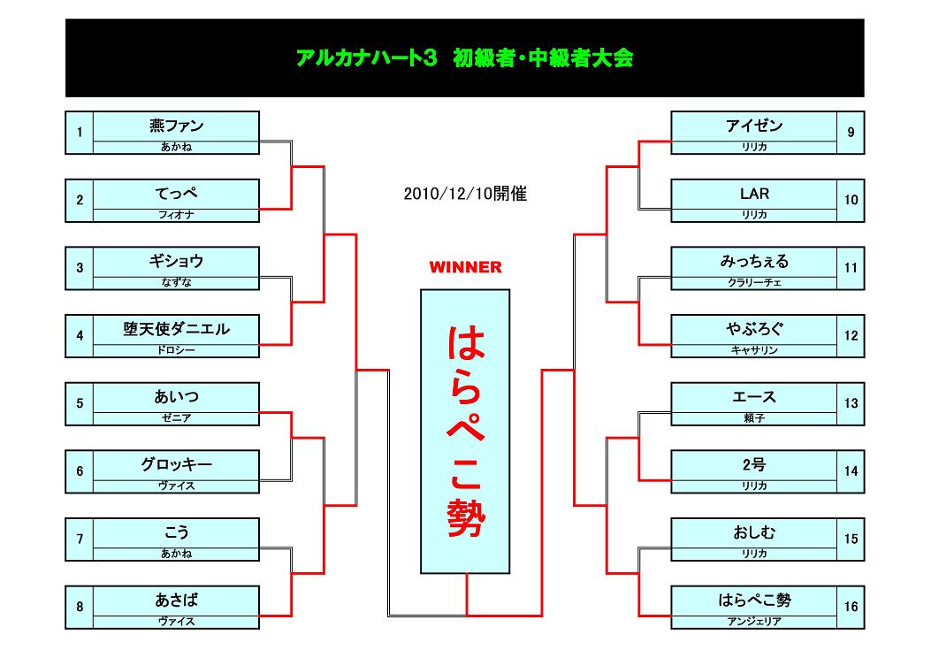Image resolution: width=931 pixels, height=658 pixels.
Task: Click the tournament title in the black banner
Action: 464,58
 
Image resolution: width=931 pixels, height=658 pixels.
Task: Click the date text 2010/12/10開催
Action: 465,194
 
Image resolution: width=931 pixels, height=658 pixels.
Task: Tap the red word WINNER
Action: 465,267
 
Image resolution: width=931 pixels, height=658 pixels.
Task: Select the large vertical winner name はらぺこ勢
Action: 466,431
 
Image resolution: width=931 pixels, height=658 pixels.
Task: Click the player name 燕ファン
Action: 176,126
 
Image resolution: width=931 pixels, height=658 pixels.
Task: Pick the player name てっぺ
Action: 176,194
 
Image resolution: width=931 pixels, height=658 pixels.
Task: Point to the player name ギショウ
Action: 176,261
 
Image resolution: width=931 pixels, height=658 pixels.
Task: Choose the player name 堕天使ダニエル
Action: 176,329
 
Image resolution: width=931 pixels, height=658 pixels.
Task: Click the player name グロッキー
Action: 176,464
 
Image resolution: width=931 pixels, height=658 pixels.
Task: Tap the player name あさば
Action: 176,600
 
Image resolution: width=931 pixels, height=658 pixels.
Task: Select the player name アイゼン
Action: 754,126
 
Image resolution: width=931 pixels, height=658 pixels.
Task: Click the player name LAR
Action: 754,194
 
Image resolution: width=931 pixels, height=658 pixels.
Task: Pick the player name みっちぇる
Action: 754,261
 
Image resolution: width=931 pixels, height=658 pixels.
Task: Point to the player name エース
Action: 754,397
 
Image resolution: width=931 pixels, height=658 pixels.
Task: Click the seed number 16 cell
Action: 851,607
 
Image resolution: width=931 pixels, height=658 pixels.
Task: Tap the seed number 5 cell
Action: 80,404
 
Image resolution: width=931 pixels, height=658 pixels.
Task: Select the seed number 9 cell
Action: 851,133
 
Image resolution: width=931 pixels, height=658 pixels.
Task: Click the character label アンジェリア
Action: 754,621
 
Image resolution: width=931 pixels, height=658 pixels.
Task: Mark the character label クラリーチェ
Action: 754,283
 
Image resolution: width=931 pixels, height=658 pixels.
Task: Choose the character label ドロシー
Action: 176,350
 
